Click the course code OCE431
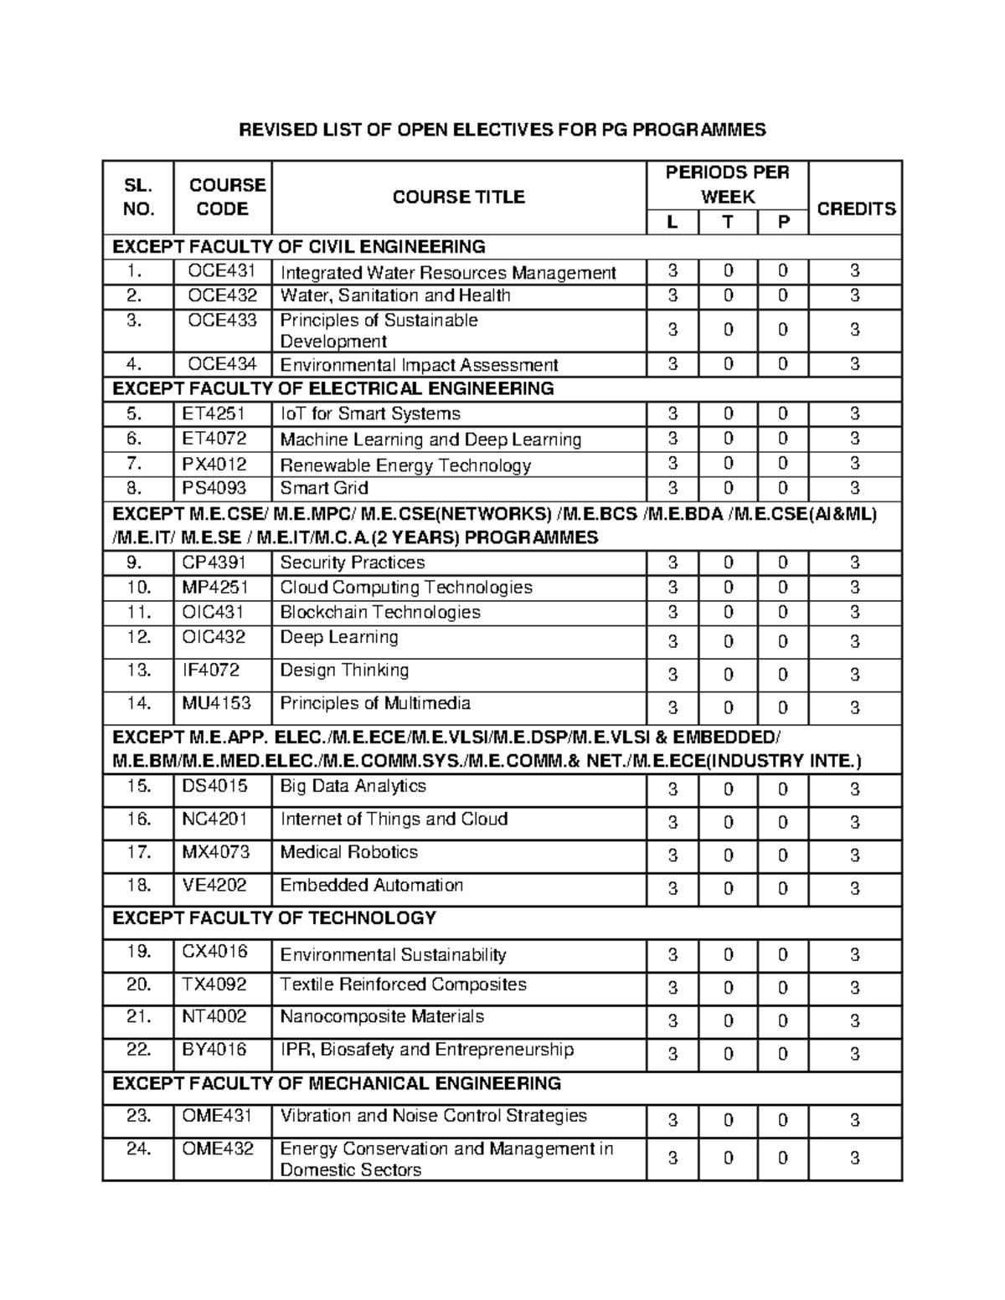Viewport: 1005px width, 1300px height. tap(222, 271)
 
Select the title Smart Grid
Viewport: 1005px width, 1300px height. tap(324, 488)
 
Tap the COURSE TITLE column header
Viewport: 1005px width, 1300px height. tap(458, 197)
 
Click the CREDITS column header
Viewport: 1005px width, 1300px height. tap(855, 208)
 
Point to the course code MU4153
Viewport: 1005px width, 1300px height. tap(216, 703)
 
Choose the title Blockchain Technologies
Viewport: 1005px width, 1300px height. tap(380, 612)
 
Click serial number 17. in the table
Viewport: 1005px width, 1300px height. tap(138, 852)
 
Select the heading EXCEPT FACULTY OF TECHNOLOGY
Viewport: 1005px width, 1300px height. tap(274, 918)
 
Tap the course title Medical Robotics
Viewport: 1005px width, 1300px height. tap(348, 852)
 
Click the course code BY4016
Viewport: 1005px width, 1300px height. tap(214, 1050)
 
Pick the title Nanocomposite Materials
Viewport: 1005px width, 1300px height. tap(382, 1017)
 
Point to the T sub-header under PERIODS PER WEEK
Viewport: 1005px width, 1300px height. tap(728, 223)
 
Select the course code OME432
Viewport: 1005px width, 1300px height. tap(218, 1148)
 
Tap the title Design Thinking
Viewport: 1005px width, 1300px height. tap(344, 671)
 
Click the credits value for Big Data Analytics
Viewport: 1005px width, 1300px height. tap(855, 789)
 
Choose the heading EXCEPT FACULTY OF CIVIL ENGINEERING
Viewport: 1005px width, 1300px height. tap(299, 247)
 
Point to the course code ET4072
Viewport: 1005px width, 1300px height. tap(214, 439)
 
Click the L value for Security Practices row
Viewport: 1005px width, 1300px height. tap(673, 563)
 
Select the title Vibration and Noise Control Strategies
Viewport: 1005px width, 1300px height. tap(433, 1116)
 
